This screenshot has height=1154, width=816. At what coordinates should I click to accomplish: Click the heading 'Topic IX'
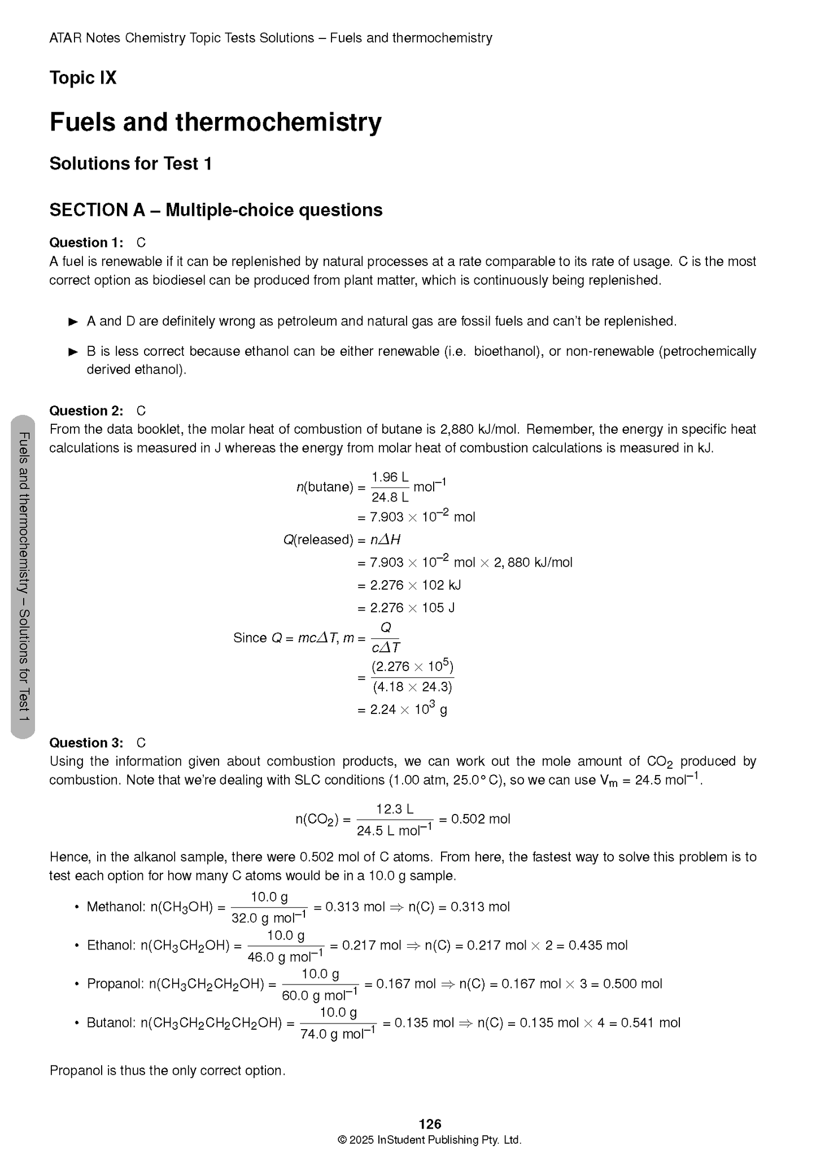point(83,77)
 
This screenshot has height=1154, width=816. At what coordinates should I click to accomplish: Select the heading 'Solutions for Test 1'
point(130,164)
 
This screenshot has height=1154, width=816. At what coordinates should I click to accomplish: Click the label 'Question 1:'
point(86,243)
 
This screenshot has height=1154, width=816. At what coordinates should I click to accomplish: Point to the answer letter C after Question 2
point(141,411)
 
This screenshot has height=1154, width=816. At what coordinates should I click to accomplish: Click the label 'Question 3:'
point(86,743)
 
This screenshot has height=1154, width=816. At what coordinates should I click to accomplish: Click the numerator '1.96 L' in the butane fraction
point(390,477)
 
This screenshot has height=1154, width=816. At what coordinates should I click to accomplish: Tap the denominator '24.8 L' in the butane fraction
point(390,498)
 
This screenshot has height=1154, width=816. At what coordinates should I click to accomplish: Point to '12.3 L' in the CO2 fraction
point(395,809)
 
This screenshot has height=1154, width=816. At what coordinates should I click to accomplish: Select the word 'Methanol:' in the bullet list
point(116,907)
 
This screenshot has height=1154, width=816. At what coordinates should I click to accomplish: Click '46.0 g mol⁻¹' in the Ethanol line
point(285,956)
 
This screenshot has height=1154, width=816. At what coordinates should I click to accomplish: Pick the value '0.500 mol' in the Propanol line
point(632,984)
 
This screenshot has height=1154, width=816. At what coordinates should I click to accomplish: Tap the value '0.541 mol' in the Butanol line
point(651,1022)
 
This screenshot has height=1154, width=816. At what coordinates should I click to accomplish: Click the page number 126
point(430,1123)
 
